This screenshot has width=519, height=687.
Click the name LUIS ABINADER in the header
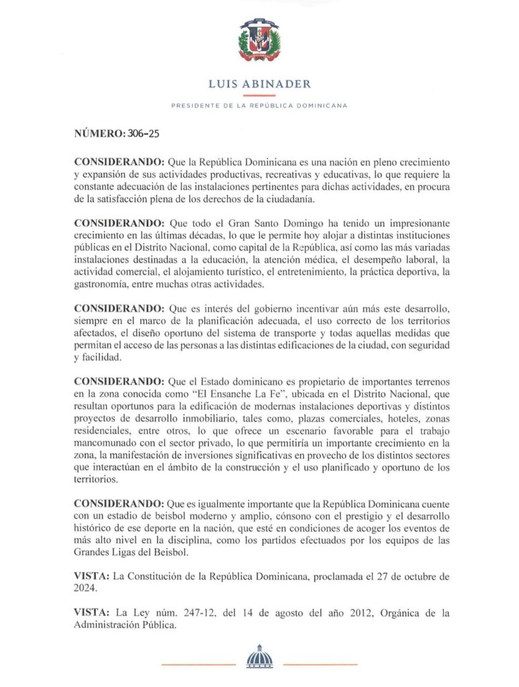[259, 84]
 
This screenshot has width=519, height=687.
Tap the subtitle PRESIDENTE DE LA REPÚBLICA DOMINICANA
[259, 106]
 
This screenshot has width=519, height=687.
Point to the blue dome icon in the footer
[259, 657]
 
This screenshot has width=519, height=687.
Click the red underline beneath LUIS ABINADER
[259, 96]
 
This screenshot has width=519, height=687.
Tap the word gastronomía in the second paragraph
[102, 285]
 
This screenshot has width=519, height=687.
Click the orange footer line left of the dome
[199, 664]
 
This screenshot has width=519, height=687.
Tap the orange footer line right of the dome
[320, 664]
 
